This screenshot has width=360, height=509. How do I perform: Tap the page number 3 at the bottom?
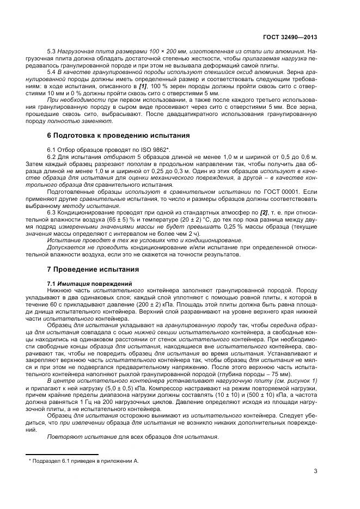pyautogui.click(x=315, y=472)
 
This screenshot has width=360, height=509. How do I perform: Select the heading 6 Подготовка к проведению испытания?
pyautogui.click(x=119, y=135)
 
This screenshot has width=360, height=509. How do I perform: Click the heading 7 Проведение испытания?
pyautogui.click(x=93, y=269)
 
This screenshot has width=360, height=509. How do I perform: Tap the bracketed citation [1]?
pyautogui.click(x=143, y=85)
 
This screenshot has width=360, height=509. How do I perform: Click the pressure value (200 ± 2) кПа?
pyautogui.click(x=144, y=306)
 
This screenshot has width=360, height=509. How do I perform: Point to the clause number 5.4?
pyautogui.click(x=52, y=71)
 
